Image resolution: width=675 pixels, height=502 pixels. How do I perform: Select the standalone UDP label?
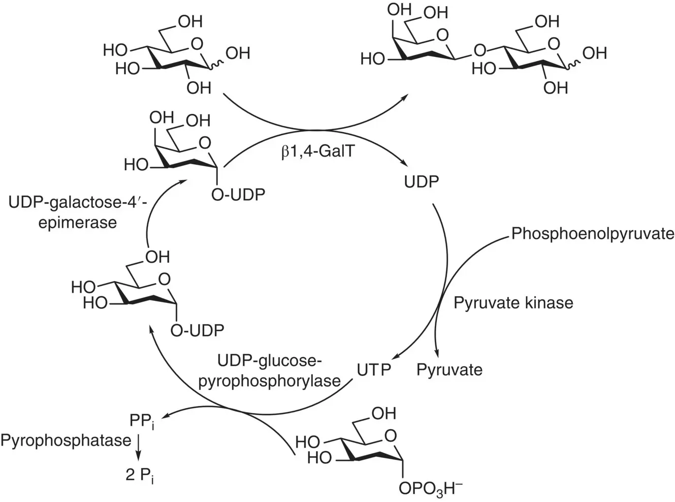(x=421, y=181)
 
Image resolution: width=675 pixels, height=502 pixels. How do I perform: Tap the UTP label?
(x=374, y=369)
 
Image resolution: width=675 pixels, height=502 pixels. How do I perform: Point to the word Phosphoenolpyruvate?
(x=593, y=233)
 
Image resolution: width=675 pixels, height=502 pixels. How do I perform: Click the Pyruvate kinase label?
(x=513, y=303)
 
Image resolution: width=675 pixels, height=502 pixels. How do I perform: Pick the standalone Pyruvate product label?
(x=449, y=369)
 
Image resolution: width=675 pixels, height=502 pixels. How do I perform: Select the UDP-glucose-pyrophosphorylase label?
(x=269, y=371)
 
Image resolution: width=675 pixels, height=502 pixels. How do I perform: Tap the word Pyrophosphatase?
(x=66, y=440)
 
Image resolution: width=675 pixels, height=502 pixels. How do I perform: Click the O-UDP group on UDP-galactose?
(x=238, y=194)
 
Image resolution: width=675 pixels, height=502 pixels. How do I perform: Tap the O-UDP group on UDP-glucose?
(x=197, y=330)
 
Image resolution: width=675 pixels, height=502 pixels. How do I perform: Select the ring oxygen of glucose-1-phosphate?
(x=390, y=436)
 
